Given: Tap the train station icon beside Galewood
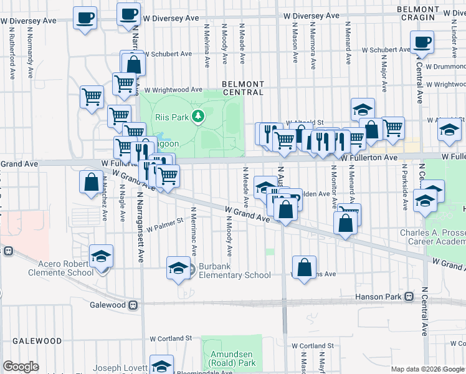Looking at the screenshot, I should click(133, 305).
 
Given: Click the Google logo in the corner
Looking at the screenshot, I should click(21, 367).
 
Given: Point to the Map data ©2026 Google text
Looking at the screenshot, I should click(427, 369).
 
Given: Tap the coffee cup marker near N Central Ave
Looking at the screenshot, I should click(422, 43).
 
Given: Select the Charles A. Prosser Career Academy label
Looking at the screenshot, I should click(432, 238).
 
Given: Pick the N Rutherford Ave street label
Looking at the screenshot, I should click(12, 56).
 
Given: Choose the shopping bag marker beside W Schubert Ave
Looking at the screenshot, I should click(133, 64).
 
